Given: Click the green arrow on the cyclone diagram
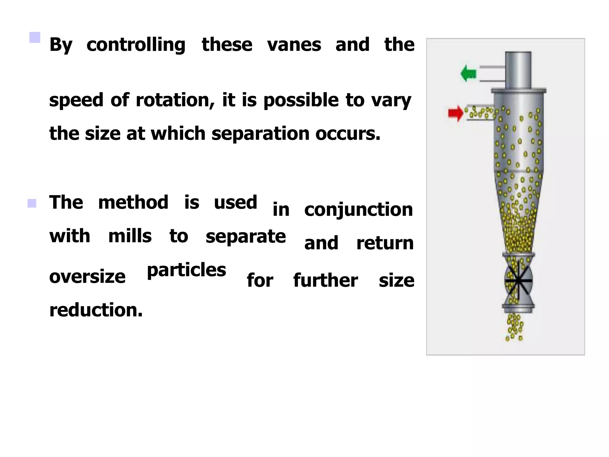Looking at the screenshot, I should coord(468,73).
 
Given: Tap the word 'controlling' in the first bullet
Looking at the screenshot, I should coord(136,45).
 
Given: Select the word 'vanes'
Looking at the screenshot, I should coord(294,45).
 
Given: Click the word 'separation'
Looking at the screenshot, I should coord(260,134).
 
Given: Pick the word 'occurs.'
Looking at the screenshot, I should coord(348,134).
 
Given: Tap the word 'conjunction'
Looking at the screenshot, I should coord(358,210).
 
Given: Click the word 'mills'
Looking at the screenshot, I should coord(130,236).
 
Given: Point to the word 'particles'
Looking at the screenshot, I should coord(186,270).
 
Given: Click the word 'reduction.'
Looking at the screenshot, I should coord(96,310).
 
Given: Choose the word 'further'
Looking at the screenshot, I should coord(326,280).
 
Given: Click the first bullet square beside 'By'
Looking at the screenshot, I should coord(35,37).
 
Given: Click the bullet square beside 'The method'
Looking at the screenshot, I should coord(32,204).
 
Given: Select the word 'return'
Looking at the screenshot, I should coord(385,243).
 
